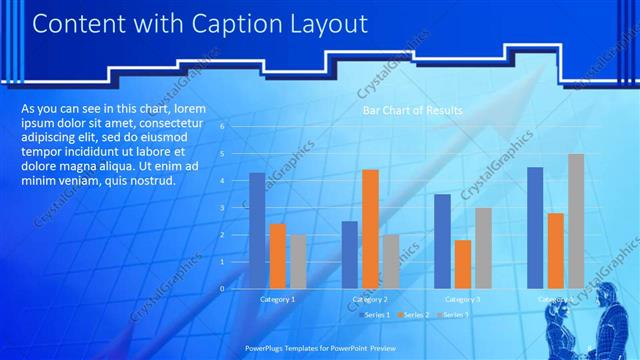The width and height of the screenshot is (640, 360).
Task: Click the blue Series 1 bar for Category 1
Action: (257, 231)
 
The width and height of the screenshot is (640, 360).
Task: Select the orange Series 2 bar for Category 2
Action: (370, 229)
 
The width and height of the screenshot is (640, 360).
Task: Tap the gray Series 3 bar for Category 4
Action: (576, 221)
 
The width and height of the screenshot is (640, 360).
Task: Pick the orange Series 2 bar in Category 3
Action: (462, 264)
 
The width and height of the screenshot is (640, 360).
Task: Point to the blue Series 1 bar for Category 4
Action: (535, 228)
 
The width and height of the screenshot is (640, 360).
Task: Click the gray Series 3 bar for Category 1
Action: (298, 262)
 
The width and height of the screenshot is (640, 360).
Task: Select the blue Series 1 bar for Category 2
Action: (349, 255)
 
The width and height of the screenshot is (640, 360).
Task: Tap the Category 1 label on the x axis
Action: (277, 299)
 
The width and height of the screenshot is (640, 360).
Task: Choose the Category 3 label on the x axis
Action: (462, 299)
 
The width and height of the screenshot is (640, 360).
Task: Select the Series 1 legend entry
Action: (373, 315)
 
